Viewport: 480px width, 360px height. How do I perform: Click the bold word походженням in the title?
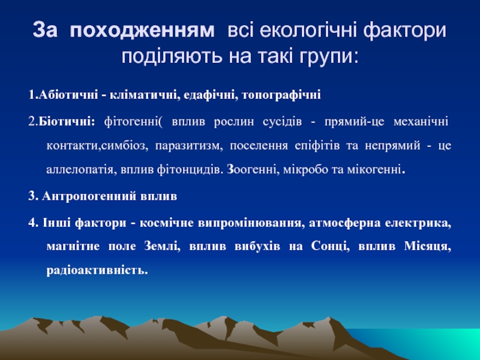(x=142, y=31)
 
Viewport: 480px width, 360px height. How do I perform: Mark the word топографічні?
(x=281, y=95)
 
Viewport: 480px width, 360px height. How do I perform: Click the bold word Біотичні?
(x=67, y=122)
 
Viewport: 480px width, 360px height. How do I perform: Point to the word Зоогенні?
(x=253, y=169)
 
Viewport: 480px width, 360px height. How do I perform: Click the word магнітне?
(x=73, y=246)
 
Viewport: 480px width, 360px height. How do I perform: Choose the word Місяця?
(x=428, y=246)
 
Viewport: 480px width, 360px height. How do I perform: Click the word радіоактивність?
(x=97, y=270)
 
